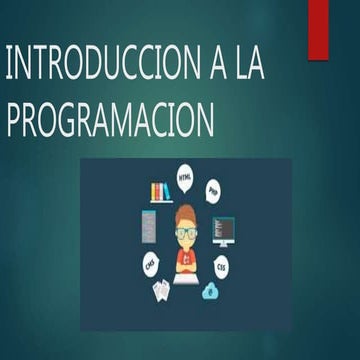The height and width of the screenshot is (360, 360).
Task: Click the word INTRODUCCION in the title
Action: point(101,68)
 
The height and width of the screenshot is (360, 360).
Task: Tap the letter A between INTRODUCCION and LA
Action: point(218,68)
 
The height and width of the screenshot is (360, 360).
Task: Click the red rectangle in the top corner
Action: point(319,28)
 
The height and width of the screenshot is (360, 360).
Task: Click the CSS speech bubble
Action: point(220,265)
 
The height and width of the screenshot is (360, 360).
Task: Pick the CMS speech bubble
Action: point(151,265)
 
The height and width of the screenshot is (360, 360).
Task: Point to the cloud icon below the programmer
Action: point(210,292)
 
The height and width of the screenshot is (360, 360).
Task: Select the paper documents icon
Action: point(160,290)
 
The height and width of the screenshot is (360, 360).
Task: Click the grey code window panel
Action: point(149,227)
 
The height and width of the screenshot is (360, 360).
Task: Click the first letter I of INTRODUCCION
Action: point(10,68)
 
